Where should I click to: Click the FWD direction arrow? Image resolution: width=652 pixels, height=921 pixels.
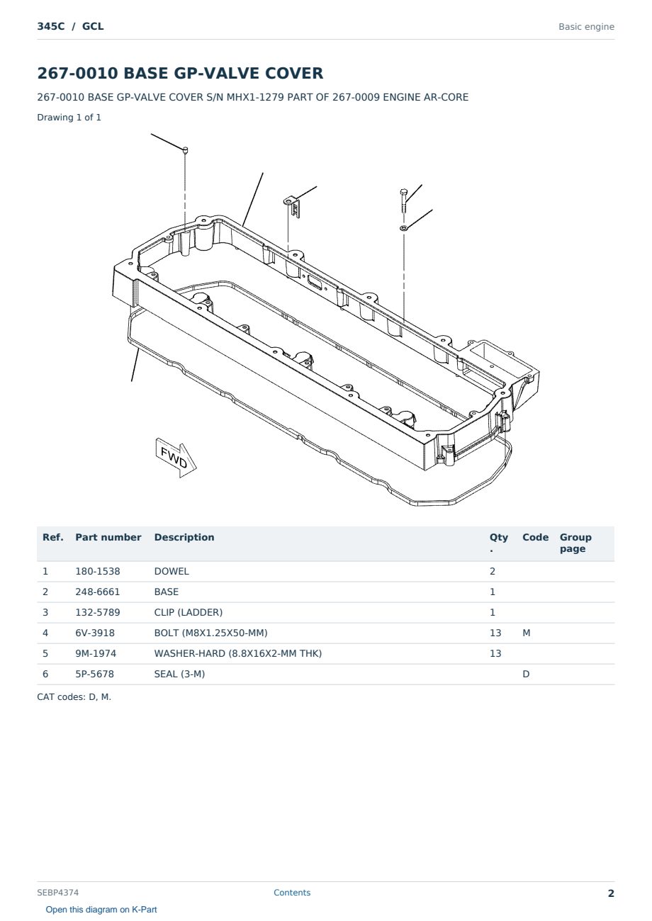click(x=176, y=458)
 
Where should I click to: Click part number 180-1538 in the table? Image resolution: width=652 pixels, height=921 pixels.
click(x=98, y=571)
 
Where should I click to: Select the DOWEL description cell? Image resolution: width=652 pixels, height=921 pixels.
click(x=172, y=571)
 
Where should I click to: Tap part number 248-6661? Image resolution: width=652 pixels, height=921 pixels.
click(x=98, y=592)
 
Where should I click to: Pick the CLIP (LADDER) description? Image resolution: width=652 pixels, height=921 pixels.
click(x=189, y=612)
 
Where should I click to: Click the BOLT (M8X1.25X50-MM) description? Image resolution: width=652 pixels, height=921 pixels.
click(x=210, y=633)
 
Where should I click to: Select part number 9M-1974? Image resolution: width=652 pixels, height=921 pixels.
click(x=96, y=653)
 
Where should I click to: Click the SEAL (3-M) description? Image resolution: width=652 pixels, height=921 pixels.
click(x=179, y=674)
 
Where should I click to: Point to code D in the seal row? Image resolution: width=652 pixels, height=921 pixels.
click(x=526, y=674)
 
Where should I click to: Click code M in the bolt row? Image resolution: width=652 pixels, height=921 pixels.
click(x=526, y=633)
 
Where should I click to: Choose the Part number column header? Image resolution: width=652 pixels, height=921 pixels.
click(x=108, y=538)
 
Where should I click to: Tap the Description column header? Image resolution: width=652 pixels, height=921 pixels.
click(x=184, y=538)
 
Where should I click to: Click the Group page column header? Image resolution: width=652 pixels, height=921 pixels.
click(x=575, y=543)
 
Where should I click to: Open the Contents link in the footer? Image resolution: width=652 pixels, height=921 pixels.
click(x=292, y=893)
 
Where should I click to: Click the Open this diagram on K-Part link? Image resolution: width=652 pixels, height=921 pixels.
click(x=101, y=910)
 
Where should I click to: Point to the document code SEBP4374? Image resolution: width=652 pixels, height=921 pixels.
click(x=57, y=893)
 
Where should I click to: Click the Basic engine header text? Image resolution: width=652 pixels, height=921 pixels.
click(x=586, y=27)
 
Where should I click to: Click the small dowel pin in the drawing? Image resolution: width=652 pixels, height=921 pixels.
click(x=185, y=150)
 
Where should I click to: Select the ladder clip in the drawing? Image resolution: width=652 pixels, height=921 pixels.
click(x=292, y=206)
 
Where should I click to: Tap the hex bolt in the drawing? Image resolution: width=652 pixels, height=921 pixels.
click(x=403, y=200)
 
